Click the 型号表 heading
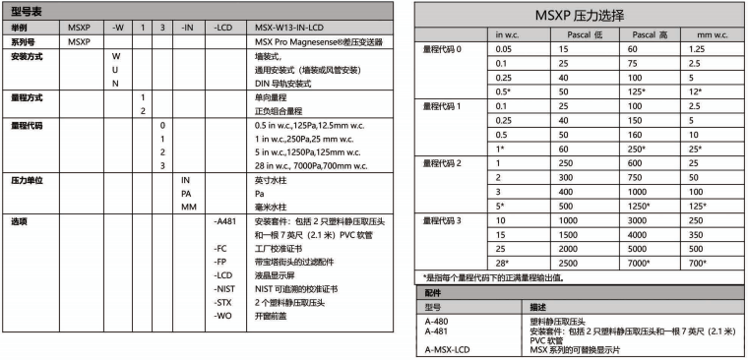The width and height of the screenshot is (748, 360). (27, 11)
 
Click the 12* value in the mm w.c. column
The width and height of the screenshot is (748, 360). (695, 90)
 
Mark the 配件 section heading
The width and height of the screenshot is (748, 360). (433, 293)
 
